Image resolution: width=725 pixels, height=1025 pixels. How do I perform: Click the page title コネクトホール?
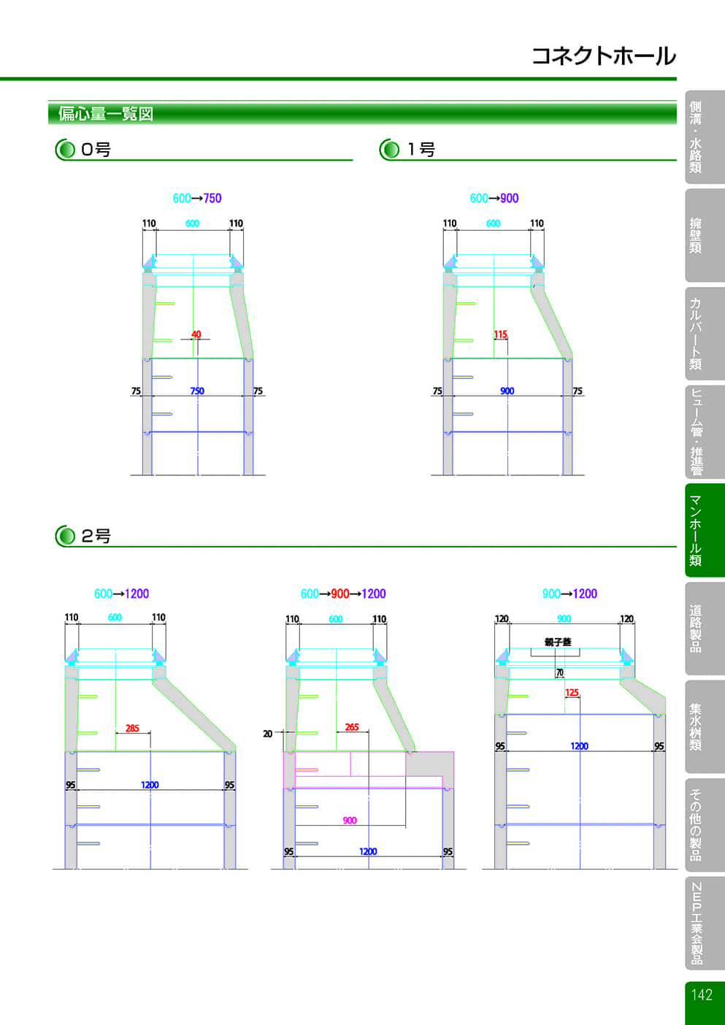click(604, 55)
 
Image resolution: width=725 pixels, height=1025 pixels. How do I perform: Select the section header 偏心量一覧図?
click(106, 113)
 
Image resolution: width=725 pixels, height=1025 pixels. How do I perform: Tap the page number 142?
click(702, 994)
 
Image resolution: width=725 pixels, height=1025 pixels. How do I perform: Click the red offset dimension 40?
click(196, 334)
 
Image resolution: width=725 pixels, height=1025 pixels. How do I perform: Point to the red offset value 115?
click(500, 334)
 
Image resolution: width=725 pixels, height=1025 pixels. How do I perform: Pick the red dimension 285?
click(132, 728)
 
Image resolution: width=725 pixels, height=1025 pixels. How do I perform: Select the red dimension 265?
click(352, 727)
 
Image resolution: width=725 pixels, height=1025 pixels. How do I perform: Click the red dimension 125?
click(572, 693)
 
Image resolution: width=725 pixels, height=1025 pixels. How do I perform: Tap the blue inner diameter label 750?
click(197, 391)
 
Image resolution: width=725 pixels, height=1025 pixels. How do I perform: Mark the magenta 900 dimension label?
click(350, 821)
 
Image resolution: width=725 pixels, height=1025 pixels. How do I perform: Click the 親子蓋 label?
click(558, 642)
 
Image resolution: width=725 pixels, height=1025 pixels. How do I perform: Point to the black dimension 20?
click(268, 734)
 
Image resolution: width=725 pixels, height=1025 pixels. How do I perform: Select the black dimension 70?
click(560, 672)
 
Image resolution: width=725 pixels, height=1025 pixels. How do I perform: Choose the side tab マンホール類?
click(695, 530)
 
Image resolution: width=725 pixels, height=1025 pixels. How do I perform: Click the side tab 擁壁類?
click(695, 236)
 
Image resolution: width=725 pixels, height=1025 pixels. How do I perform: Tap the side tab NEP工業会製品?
click(697, 924)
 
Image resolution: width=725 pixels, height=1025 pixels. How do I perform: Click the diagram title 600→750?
click(197, 198)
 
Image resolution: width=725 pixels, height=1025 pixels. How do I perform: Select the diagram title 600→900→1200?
click(343, 594)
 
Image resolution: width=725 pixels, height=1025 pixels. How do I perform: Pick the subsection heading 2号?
click(96, 536)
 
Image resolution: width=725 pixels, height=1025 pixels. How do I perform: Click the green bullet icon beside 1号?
click(390, 150)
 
